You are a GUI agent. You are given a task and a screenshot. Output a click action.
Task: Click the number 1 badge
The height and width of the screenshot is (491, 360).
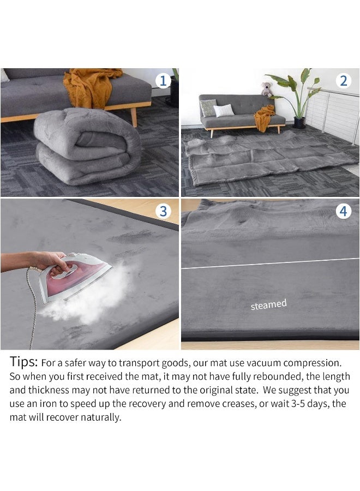click(163, 81)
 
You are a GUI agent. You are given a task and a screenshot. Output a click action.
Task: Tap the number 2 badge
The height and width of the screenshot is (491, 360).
click(344, 81)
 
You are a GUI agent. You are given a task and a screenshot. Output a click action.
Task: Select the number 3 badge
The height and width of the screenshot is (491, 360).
click(163, 212)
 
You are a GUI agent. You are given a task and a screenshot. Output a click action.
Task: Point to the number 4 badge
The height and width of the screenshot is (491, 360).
click(344, 211)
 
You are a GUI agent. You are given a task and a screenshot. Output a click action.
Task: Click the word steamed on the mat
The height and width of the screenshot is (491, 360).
click(268, 304)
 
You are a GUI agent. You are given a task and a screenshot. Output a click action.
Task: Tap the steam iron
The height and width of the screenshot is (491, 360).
click(75, 277)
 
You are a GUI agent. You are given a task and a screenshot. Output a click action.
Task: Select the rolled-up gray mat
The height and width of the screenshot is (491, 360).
click(87, 146)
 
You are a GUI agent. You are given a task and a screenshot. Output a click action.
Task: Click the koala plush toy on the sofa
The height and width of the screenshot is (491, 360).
click(267, 89)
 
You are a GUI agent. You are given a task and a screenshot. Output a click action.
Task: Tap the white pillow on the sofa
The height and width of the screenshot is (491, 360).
click(224, 111)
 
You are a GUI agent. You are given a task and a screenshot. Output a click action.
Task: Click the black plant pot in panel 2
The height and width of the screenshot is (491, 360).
click(299, 122)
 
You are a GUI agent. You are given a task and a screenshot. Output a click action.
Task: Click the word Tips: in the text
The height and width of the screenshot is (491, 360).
click(24, 362)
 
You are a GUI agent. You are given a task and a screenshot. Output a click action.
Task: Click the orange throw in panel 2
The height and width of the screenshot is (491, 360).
click(264, 118)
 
